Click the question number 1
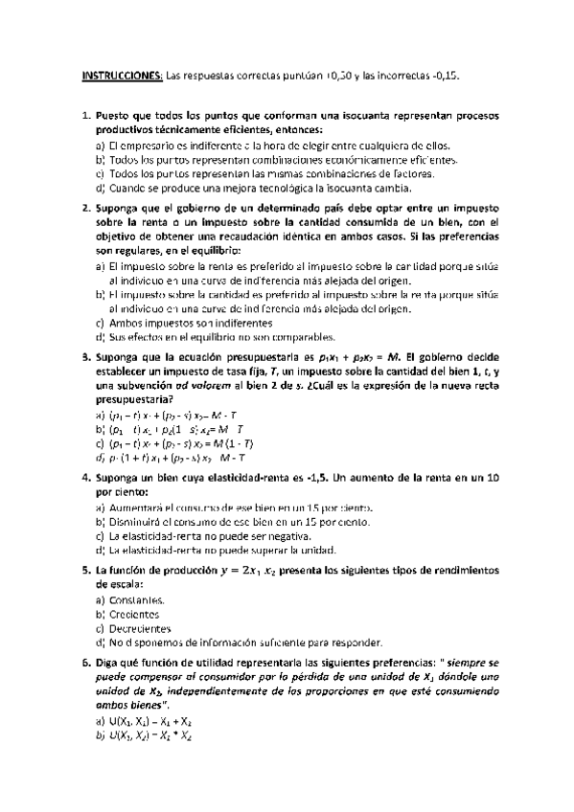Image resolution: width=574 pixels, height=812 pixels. tap(87, 116)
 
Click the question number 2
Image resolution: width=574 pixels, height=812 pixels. tap(87, 208)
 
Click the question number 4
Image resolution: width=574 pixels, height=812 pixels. tap(87, 476)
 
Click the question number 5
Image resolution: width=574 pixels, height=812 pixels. tap(87, 568)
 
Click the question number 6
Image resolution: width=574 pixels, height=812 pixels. tap(87, 662)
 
